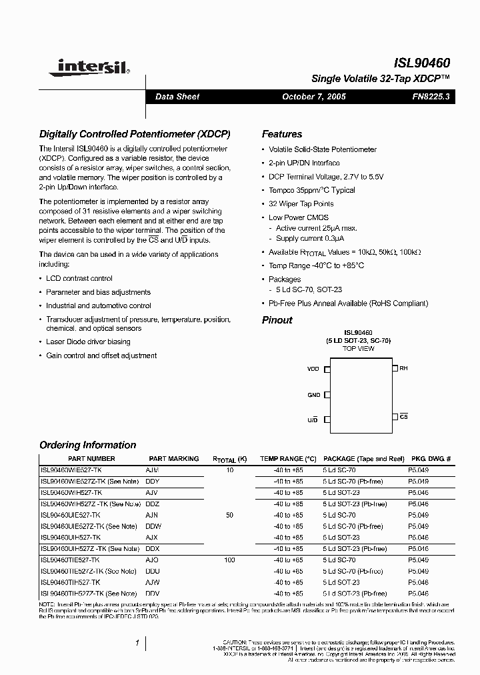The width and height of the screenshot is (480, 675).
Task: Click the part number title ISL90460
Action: pyautogui.click(x=421, y=63)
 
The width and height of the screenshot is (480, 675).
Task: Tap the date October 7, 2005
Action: pyautogui.click(x=314, y=97)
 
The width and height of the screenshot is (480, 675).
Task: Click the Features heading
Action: pyautogui.click(x=281, y=134)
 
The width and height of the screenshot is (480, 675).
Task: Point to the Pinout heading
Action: pyautogui.click(x=277, y=320)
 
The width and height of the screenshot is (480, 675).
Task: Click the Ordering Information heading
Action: pyautogui.click(x=87, y=445)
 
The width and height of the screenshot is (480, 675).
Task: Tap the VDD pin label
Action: pyautogui.click(x=313, y=369)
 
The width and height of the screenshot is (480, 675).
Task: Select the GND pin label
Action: pyautogui.click(x=314, y=395)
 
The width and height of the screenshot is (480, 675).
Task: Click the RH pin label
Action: pyautogui.click(x=403, y=368)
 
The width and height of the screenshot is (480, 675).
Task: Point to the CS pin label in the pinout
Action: pyautogui.click(x=404, y=416)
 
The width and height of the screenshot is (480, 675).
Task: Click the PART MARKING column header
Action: pyautogui.click(x=173, y=459)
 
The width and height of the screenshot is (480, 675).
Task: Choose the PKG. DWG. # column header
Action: pyautogui.click(x=431, y=459)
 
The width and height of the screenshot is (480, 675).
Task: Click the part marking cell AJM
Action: pyautogui.click(x=152, y=470)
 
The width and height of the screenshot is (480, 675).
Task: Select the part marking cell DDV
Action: pyautogui.click(x=152, y=594)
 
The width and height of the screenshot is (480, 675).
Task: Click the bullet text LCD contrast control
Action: pyautogui.click(x=79, y=278)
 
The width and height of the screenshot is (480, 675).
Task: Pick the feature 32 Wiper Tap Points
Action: pyautogui.click(x=301, y=204)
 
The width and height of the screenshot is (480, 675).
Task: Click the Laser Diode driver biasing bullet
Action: pyautogui.click(x=88, y=342)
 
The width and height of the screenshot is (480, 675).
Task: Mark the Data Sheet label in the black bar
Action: pyautogui.click(x=177, y=97)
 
